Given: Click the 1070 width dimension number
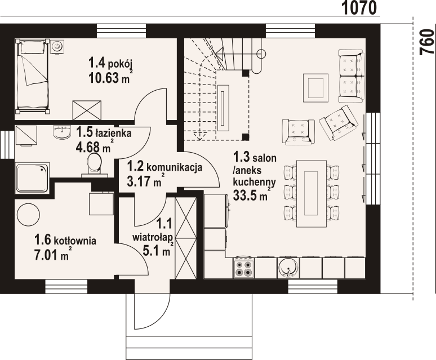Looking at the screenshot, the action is click(359, 8).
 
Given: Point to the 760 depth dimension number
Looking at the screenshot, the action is click(428, 42).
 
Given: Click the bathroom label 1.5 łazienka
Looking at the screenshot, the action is click(104, 132).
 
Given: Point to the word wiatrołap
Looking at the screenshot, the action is click(153, 237).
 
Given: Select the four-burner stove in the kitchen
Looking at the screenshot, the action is click(244, 268).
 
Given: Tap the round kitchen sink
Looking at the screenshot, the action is click(288, 268).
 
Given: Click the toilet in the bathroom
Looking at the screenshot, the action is click(94, 165).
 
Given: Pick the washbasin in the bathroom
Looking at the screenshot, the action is click(61, 132).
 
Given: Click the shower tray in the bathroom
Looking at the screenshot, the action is click(32, 177).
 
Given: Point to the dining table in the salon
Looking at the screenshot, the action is click(311, 193).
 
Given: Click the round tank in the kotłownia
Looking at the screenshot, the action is click(28, 215).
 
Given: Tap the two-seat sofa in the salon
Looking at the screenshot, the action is click(352, 75).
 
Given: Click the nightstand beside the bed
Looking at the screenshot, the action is click(57, 45).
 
